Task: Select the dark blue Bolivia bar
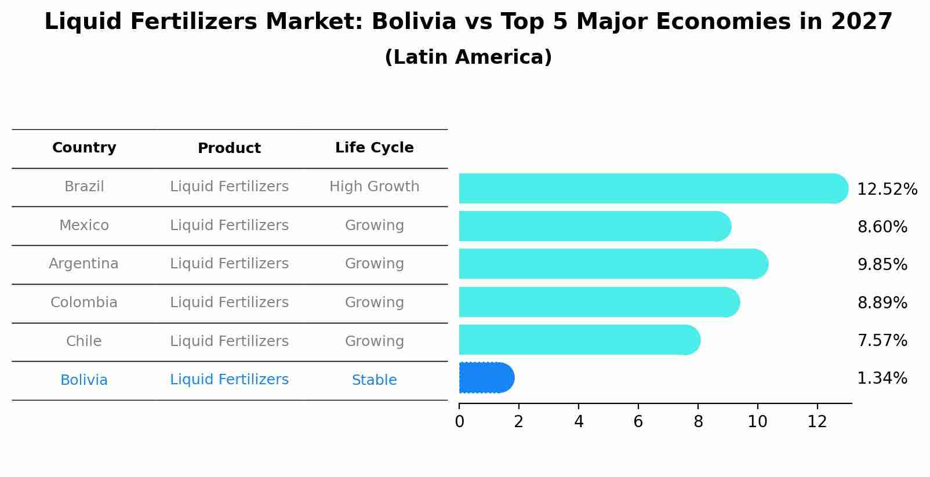pos(486,378)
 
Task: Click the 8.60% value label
pos(882,227)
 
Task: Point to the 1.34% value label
pos(882,378)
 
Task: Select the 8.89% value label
pos(882,303)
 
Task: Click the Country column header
pos(84,148)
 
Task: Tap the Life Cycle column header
pos(374,148)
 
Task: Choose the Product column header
pos(229,148)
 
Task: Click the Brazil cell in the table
pos(84,187)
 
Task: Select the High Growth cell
pos(374,187)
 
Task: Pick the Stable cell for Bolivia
pos(374,380)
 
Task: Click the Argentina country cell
pos(83,264)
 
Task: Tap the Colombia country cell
pos(83,303)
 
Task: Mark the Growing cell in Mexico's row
pos(374,225)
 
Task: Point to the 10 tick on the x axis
pos(757,421)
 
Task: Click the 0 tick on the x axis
pos(459,421)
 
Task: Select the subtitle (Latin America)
pos(468,57)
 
